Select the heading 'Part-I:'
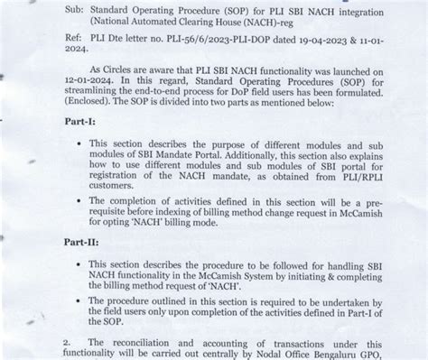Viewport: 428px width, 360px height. (82, 119)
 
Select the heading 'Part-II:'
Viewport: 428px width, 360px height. (85, 241)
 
